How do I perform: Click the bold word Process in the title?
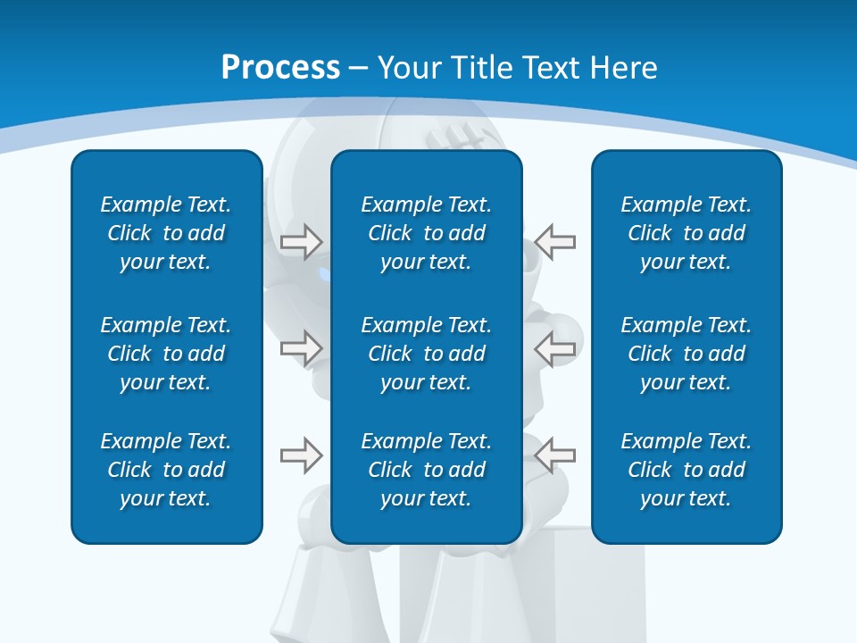click(280, 68)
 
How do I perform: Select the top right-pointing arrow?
click(301, 241)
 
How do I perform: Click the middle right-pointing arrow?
click(301, 348)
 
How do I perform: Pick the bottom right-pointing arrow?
click(301, 455)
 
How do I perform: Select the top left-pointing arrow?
click(555, 241)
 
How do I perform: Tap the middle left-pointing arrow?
click(555, 348)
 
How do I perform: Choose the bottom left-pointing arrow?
click(555, 455)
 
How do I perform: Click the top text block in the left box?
click(166, 233)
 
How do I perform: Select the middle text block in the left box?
click(166, 354)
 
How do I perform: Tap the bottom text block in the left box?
click(166, 470)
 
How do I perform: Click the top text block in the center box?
click(426, 233)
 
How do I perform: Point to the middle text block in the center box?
click(426, 354)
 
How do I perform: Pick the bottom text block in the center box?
click(426, 470)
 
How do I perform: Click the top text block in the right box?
click(686, 233)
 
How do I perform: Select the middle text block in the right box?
click(686, 354)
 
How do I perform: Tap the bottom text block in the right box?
click(686, 470)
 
